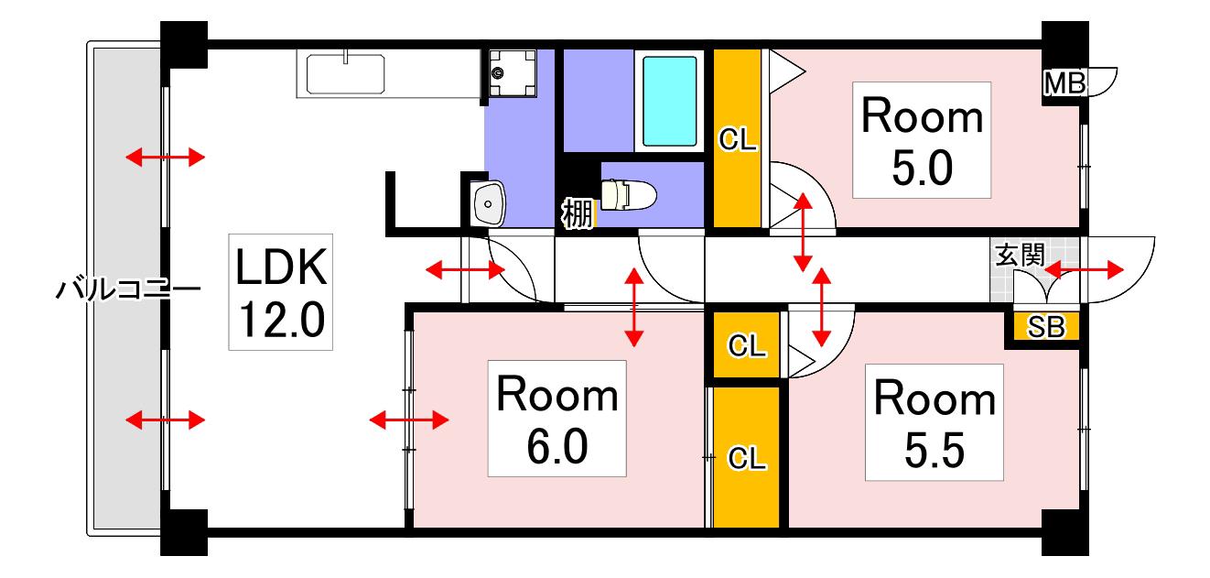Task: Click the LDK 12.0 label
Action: pos(281,292)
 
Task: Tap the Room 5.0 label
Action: pos(922,140)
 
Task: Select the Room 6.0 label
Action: pos(556,419)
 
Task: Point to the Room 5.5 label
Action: pos(935,422)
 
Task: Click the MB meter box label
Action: pos(1064,83)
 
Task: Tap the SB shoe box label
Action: pos(1046,327)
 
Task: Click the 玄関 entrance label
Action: pos(1020,256)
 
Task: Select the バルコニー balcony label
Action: pos(128,289)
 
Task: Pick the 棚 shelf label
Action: pos(578,213)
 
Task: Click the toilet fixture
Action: pos(628,194)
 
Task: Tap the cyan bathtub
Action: pos(670,102)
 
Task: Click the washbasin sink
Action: pos(489,203)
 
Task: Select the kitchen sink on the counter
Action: pos(346,74)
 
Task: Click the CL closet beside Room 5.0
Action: pos(738,138)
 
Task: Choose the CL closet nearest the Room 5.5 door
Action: pos(747,344)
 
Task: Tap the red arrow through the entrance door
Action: pos(1084,269)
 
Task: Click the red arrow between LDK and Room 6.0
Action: pos(409,420)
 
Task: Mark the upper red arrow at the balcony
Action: pos(166,158)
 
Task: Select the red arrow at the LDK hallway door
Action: pos(465,269)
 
